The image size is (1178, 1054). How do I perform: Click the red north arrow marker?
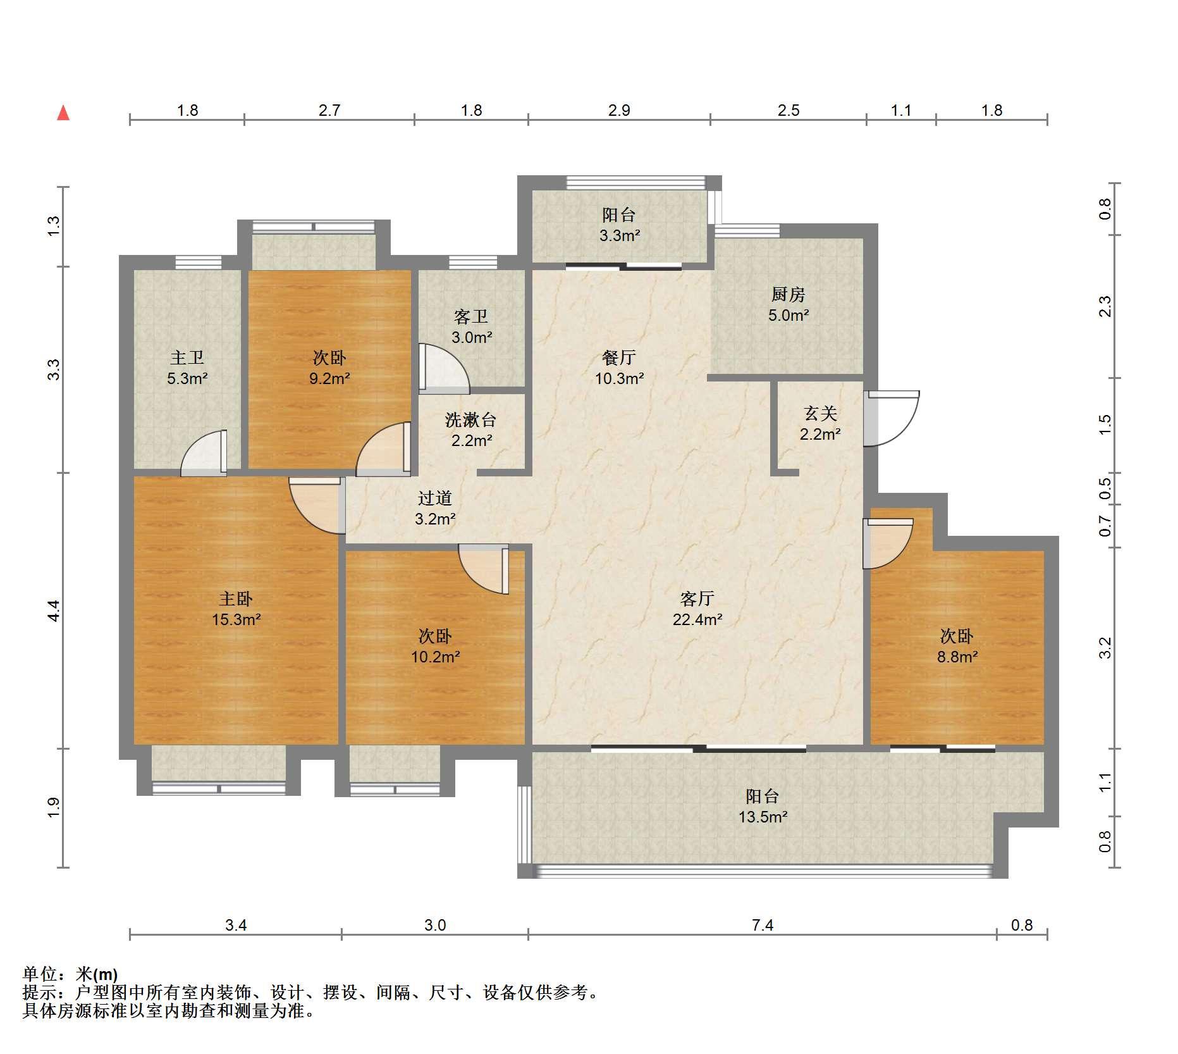(x=63, y=113)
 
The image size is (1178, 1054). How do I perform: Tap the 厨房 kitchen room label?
(x=788, y=295)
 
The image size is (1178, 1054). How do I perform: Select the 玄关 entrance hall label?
(x=820, y=414)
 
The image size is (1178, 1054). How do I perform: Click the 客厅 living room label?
(x=697, y=598)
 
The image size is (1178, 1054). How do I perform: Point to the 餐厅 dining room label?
(x=618, y=358)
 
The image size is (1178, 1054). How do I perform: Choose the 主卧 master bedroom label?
(x=236, y=598)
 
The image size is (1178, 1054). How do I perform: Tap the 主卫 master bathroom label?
(x=187, y=358)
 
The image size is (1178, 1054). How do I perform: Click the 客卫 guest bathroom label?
(x=471, y=317)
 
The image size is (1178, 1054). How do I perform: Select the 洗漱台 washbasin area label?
(x=471, y=420)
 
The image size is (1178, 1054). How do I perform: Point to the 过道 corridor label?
(x=435, y=499)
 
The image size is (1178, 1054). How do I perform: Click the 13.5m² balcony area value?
(x=763, y=817)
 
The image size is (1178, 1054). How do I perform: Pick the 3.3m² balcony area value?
(x=620, y=236)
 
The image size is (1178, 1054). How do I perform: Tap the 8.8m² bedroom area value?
(x=957, y=657)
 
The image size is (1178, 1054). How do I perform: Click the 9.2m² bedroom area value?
(x=329, y=378)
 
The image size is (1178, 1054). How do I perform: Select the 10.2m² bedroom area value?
(x=436, y=657)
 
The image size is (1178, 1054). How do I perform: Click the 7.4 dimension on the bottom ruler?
(x=763, y=926)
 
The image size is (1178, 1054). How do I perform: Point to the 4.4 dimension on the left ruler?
(x=54, y=611)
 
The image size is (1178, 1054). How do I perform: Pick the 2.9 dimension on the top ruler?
(x=619, y=111)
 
